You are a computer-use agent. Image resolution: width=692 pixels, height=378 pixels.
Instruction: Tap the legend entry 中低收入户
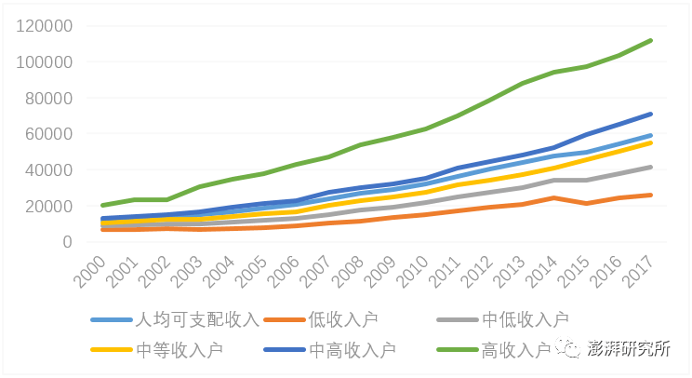pyautogui.click(x=525, y=320)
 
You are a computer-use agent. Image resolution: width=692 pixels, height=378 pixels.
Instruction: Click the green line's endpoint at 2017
pyautogui.click(x=650, y=40)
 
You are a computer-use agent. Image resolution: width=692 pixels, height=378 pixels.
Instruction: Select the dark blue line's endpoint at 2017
pyautogui.click(x=650, y=114)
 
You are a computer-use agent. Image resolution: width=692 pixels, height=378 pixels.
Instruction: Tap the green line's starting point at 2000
pyautogui.click(x=103, y=205)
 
